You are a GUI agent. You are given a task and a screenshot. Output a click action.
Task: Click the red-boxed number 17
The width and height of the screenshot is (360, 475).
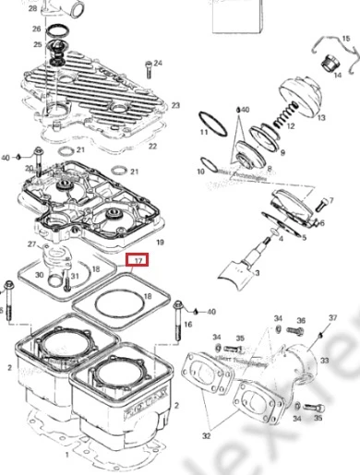pos(138,262)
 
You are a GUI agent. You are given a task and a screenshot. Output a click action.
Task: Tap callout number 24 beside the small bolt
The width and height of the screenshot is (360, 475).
pos(158,63)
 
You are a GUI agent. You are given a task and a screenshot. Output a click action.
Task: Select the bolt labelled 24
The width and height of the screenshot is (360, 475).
pos(148,69)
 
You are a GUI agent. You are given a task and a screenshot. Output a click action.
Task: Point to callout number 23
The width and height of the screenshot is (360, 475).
pos(174,106)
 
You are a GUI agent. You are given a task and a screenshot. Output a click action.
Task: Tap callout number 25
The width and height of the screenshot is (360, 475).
pos(37,44)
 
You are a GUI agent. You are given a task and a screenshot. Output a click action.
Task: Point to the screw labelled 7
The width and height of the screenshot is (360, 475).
pos(319,203)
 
